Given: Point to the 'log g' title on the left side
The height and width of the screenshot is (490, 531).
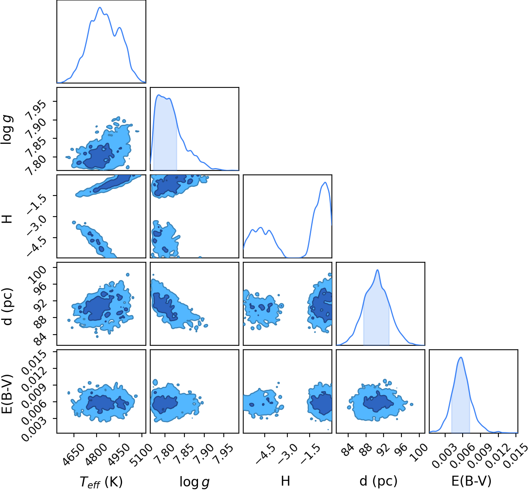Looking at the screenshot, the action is coord(7,129).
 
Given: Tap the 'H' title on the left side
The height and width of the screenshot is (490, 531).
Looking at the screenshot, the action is coord(7,216).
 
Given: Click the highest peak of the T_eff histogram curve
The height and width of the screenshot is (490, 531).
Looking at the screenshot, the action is coord(100,7).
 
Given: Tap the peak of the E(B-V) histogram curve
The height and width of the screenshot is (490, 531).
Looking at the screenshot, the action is coord(461,357).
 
